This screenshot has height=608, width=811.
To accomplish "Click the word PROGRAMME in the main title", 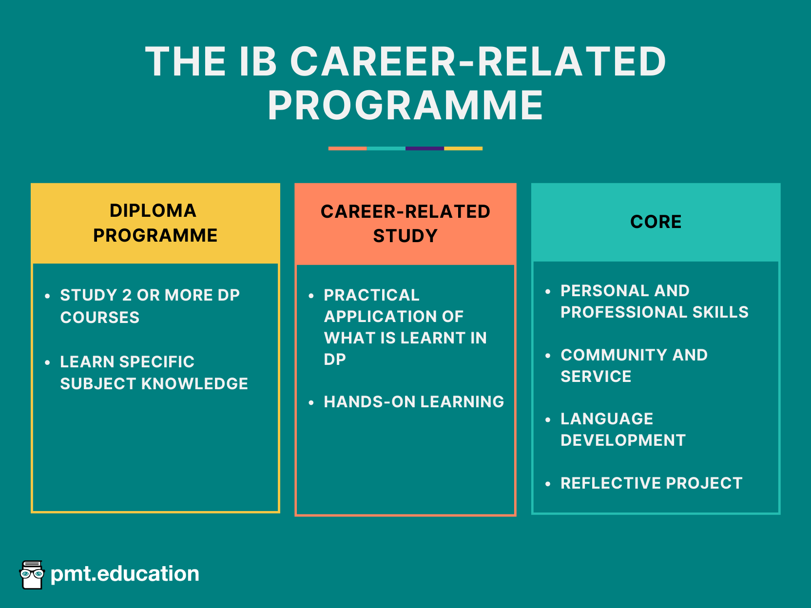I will (405, 106).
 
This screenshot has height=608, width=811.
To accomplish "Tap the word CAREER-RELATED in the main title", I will (478, 62).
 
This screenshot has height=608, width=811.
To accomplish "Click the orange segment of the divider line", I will (348, 148).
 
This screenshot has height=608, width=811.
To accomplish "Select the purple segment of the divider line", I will (425, 148).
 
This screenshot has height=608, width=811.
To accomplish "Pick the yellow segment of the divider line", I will (463, 148).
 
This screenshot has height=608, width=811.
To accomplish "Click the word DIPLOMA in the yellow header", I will (153, 211).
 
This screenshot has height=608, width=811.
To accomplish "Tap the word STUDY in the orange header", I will (405, 236).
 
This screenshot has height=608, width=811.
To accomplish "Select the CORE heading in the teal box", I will (656, 222).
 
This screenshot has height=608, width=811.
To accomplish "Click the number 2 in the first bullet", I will (127, 295).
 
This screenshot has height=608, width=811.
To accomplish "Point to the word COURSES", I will (100, 318).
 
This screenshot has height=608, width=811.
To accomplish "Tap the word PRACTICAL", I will (371, 295).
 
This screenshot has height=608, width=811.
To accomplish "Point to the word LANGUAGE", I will (607, 419).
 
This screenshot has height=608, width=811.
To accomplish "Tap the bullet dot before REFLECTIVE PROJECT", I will (548, 484).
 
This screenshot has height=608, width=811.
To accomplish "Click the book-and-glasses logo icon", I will (32, 574).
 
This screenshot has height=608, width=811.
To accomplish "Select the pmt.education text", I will (125, 574).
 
